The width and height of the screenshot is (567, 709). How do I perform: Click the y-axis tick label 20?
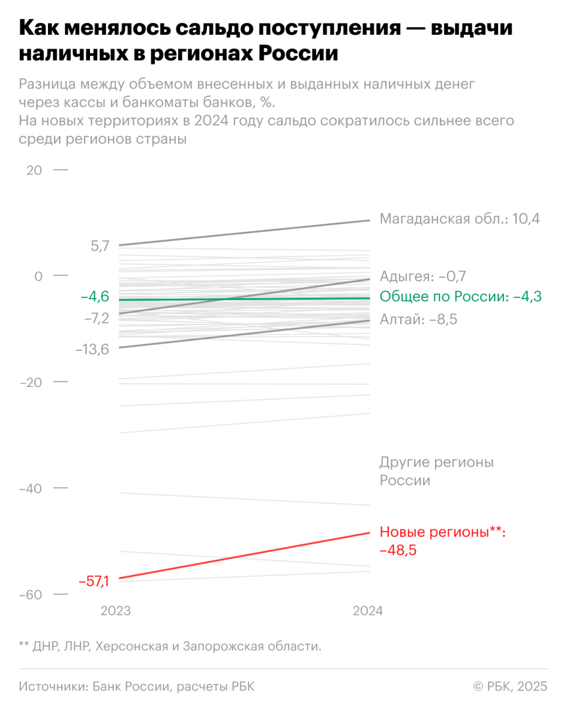coord(34,170)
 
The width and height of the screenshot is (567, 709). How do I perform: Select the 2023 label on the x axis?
coord(115,611)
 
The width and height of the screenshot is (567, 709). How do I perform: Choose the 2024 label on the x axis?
coord(367,611)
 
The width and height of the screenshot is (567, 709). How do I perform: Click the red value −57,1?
coord(94,580)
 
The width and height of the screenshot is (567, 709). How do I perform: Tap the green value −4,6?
coord(95,297)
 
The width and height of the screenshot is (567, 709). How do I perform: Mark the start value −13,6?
coord(92,348)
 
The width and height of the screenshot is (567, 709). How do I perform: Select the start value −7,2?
coord(97,318)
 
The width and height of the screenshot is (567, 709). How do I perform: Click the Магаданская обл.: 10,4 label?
coord(460,219)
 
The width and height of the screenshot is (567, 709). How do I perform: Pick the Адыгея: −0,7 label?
coord(423,276)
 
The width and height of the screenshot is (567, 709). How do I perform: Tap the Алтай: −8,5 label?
coord(419,319)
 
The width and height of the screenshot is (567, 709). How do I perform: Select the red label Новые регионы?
coord(442,532)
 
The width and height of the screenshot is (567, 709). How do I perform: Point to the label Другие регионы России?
coord(436,472)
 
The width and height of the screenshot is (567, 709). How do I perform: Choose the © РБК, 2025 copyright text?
coord(511,686)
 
